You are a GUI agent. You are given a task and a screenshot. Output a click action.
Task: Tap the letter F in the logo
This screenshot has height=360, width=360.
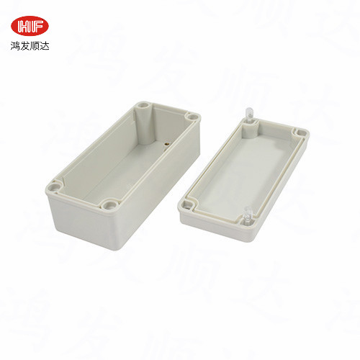[x=38, y=26]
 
